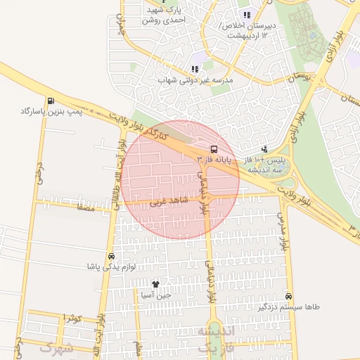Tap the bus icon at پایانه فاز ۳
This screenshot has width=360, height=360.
[213, 149]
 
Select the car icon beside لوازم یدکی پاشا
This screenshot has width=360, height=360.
[112, 256]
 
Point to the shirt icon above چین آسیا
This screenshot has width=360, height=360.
[155, 284]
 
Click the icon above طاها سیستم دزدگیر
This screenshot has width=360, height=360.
[289, 297]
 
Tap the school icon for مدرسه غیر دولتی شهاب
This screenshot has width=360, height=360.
[195, 69]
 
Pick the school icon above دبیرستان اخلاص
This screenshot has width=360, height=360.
[246, 15]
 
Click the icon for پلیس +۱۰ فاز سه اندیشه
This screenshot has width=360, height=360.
[264, 149]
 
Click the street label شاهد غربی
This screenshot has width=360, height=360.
[166, 202]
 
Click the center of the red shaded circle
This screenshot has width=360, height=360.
[180, 179]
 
